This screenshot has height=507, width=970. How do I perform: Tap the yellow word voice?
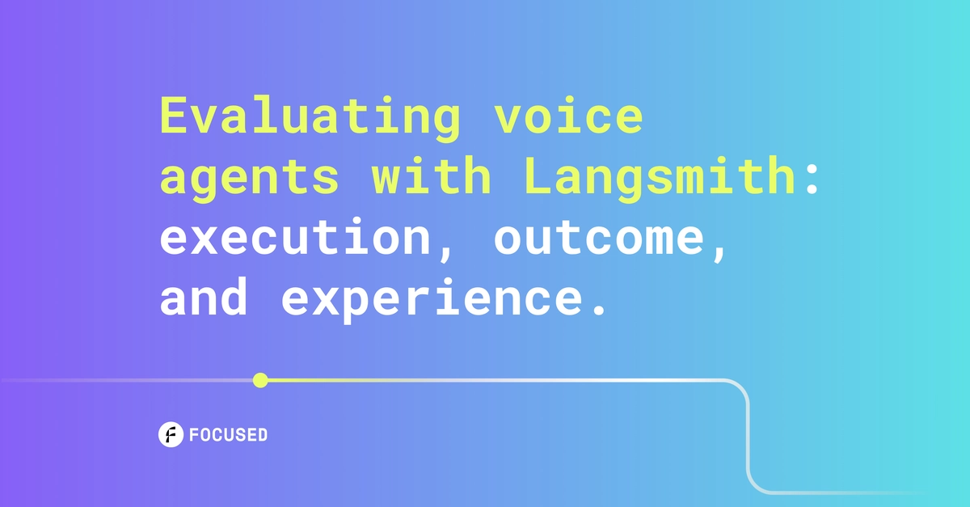click(568, 114)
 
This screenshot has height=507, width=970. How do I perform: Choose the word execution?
click(295, 237)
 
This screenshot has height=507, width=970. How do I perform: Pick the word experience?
click(432, 300)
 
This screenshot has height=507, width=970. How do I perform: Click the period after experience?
click(600, 309)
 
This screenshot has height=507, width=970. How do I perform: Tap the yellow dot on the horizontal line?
click(260, 381)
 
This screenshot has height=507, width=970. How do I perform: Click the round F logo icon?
click(171, 434)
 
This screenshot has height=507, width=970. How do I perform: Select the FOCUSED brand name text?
click(228, 435)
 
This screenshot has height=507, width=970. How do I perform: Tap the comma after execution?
click(445, 254)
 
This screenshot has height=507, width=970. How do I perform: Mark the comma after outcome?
click(719, 254)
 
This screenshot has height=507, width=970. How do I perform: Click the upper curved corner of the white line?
click(741, 387)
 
